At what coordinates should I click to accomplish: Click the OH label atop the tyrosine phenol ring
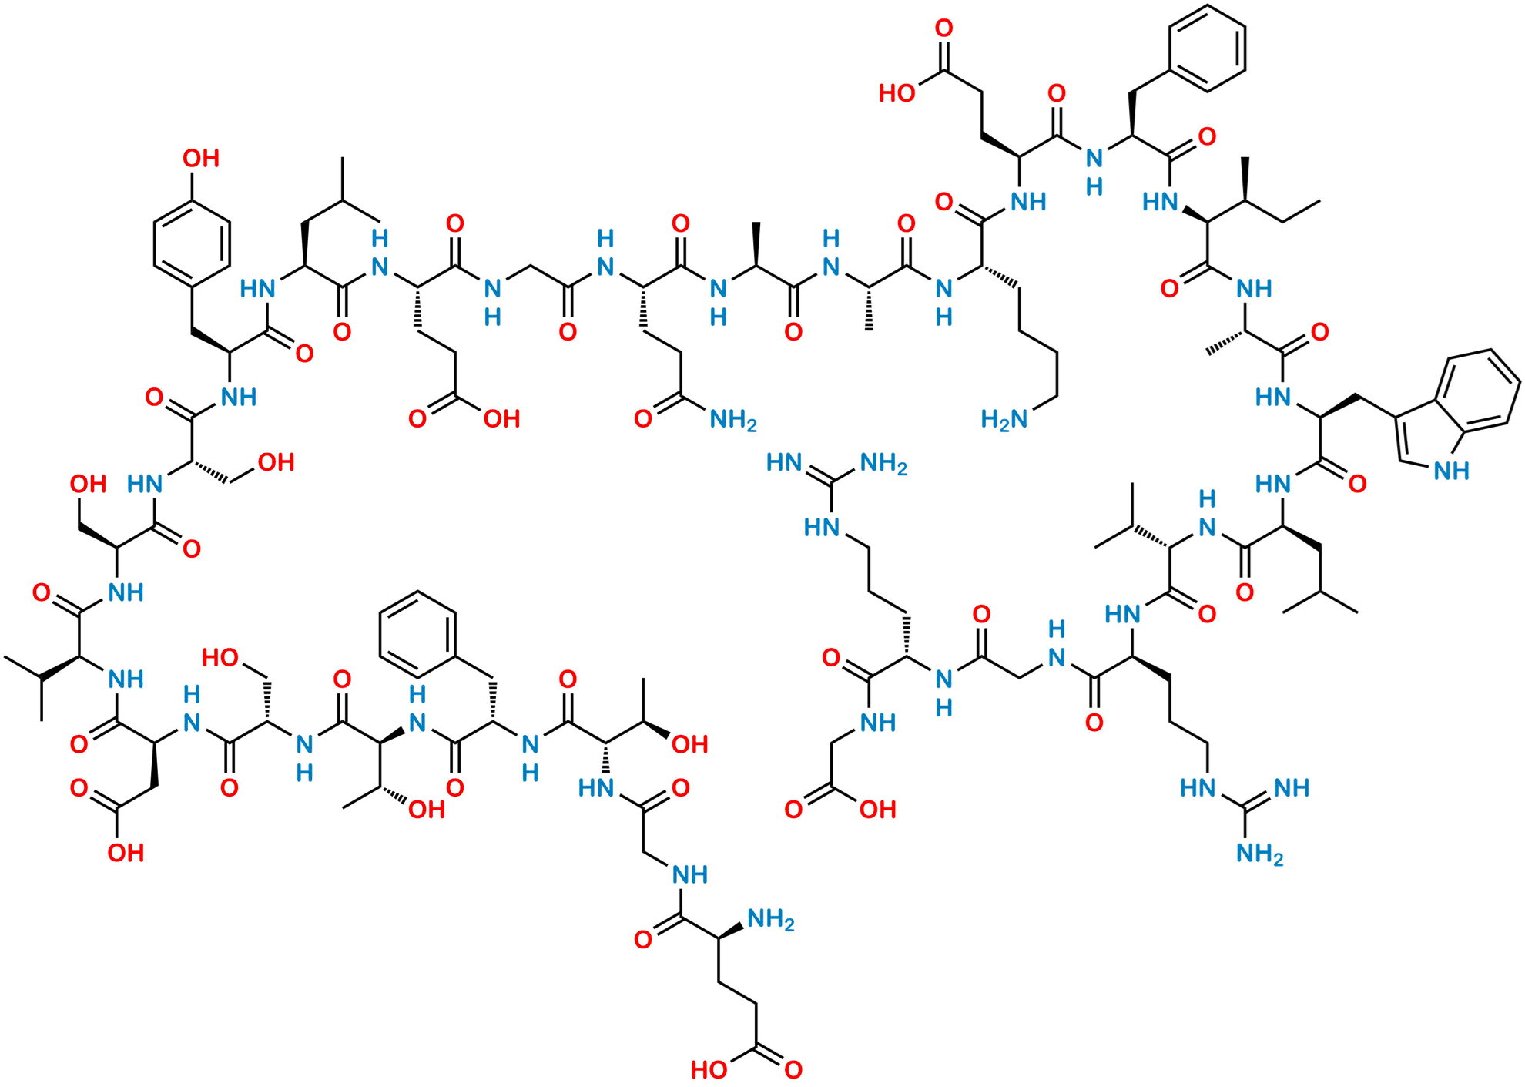tap(201, 159)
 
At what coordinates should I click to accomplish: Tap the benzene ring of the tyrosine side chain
tap(192, 243)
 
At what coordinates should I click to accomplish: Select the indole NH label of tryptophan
tap(1451, 471)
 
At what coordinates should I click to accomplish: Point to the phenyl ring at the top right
tap(1207, 49)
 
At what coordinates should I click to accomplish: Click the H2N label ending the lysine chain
tap(1004, 420)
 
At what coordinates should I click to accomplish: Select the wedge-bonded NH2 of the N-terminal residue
tap(770, 919)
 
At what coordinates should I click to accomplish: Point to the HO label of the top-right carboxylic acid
tap(897, 93)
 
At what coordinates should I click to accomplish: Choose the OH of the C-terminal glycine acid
tap(877, 809)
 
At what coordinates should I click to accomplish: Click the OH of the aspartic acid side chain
tap(126, 852)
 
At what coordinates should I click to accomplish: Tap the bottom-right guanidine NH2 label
tap(1259, 854)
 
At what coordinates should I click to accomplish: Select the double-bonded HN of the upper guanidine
tap(785, 463)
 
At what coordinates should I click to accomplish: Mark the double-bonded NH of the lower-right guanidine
tap(1292, 787)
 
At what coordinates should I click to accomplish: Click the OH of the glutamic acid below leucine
tap(501, 419)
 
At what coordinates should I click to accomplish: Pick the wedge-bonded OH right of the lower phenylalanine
tap(689, 744)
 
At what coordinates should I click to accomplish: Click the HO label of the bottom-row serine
tap(220, 657)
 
